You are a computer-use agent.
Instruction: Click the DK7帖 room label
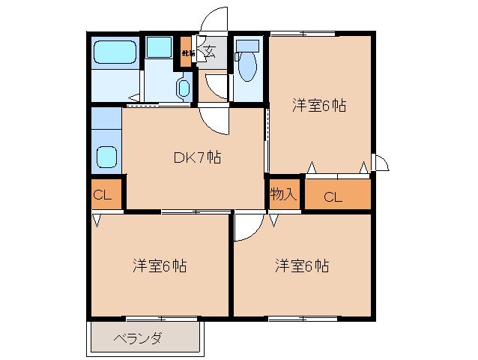[x=196, y=157]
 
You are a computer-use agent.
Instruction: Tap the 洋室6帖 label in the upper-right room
[x=318, y=106]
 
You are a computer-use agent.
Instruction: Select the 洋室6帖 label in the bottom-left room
[x=160, y=265]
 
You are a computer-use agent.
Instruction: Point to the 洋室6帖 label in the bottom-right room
[x=300, y=265]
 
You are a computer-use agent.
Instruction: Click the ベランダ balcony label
[x=138, y=338]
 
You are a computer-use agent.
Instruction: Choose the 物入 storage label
[x=284, y=195]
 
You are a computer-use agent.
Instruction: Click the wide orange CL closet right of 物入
[x=334, y=196]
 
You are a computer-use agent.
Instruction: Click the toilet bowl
[x=247, y=67]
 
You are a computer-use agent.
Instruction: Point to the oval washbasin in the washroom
[x=184, y=88]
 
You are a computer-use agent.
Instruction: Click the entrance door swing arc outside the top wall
[x=215, y=19]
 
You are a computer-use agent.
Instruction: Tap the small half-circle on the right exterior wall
[x=381, y=162]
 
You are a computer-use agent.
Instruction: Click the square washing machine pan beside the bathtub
[x=159, y=47]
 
